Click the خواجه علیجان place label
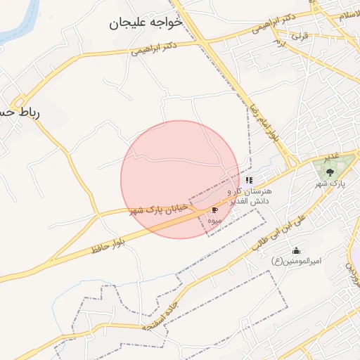click(146, 23)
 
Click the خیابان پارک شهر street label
click(159, 209)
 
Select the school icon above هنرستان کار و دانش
click(249, 180)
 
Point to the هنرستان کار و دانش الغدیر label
click(253, 195)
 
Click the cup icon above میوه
click(214, 209)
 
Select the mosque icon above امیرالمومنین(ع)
click(296, 250)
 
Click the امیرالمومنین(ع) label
click(296, 261)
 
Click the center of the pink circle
click(180, 179)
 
